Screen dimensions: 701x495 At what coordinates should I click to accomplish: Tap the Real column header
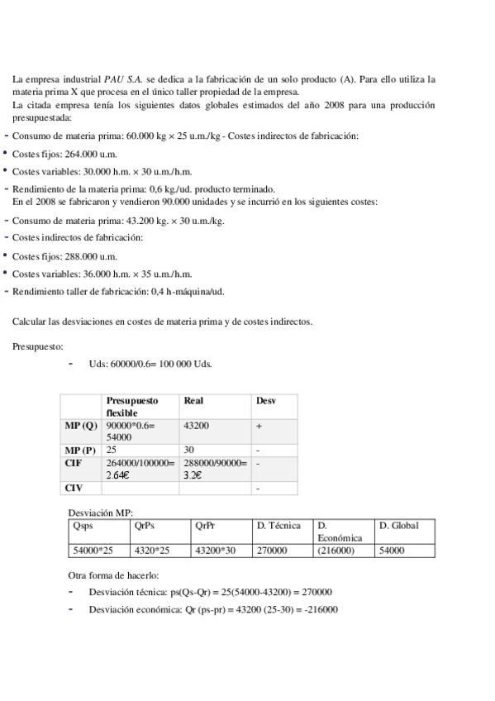(194, 400)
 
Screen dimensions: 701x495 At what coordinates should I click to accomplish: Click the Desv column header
(266, 400)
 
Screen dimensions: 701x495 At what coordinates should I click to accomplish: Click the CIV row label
(74, 488)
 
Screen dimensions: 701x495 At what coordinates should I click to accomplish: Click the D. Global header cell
(398, 526)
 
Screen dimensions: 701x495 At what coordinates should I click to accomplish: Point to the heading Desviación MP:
(100, 513)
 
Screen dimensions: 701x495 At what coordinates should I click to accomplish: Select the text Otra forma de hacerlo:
(113, 575)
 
